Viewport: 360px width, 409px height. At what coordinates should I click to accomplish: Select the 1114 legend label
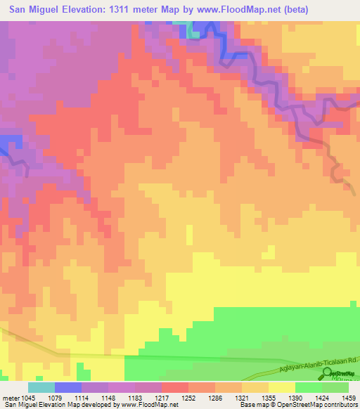click(82, 397)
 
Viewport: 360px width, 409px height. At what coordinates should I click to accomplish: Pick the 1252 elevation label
click(188, 397)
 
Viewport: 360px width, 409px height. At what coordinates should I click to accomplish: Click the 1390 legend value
click(295, 397)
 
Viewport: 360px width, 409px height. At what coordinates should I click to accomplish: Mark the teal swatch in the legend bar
click(41, 387)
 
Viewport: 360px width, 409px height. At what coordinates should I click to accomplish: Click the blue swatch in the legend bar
click(68, 387)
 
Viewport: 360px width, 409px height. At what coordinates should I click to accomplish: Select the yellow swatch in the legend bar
click(282, 387)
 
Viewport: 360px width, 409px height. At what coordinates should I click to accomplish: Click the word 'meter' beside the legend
click(11, 397)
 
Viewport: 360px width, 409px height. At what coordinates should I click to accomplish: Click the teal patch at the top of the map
click(191, 30)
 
